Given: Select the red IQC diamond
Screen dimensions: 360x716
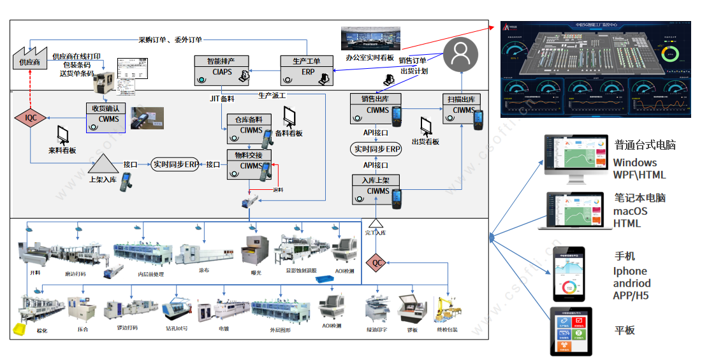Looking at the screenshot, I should coord(30,118).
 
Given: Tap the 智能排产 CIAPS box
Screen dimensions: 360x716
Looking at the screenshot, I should coord(222,70).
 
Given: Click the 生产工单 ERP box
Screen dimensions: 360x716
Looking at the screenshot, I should coord(307,70).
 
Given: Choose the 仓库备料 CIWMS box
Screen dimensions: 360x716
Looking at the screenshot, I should coord(249,126).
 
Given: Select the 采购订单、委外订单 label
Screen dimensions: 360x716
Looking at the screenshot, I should coord(170,40).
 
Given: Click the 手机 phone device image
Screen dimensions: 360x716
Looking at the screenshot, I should coord(569,273).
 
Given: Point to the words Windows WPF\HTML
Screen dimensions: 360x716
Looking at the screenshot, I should coord(639,169).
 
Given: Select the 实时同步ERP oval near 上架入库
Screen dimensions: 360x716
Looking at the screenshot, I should coord(175,164).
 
